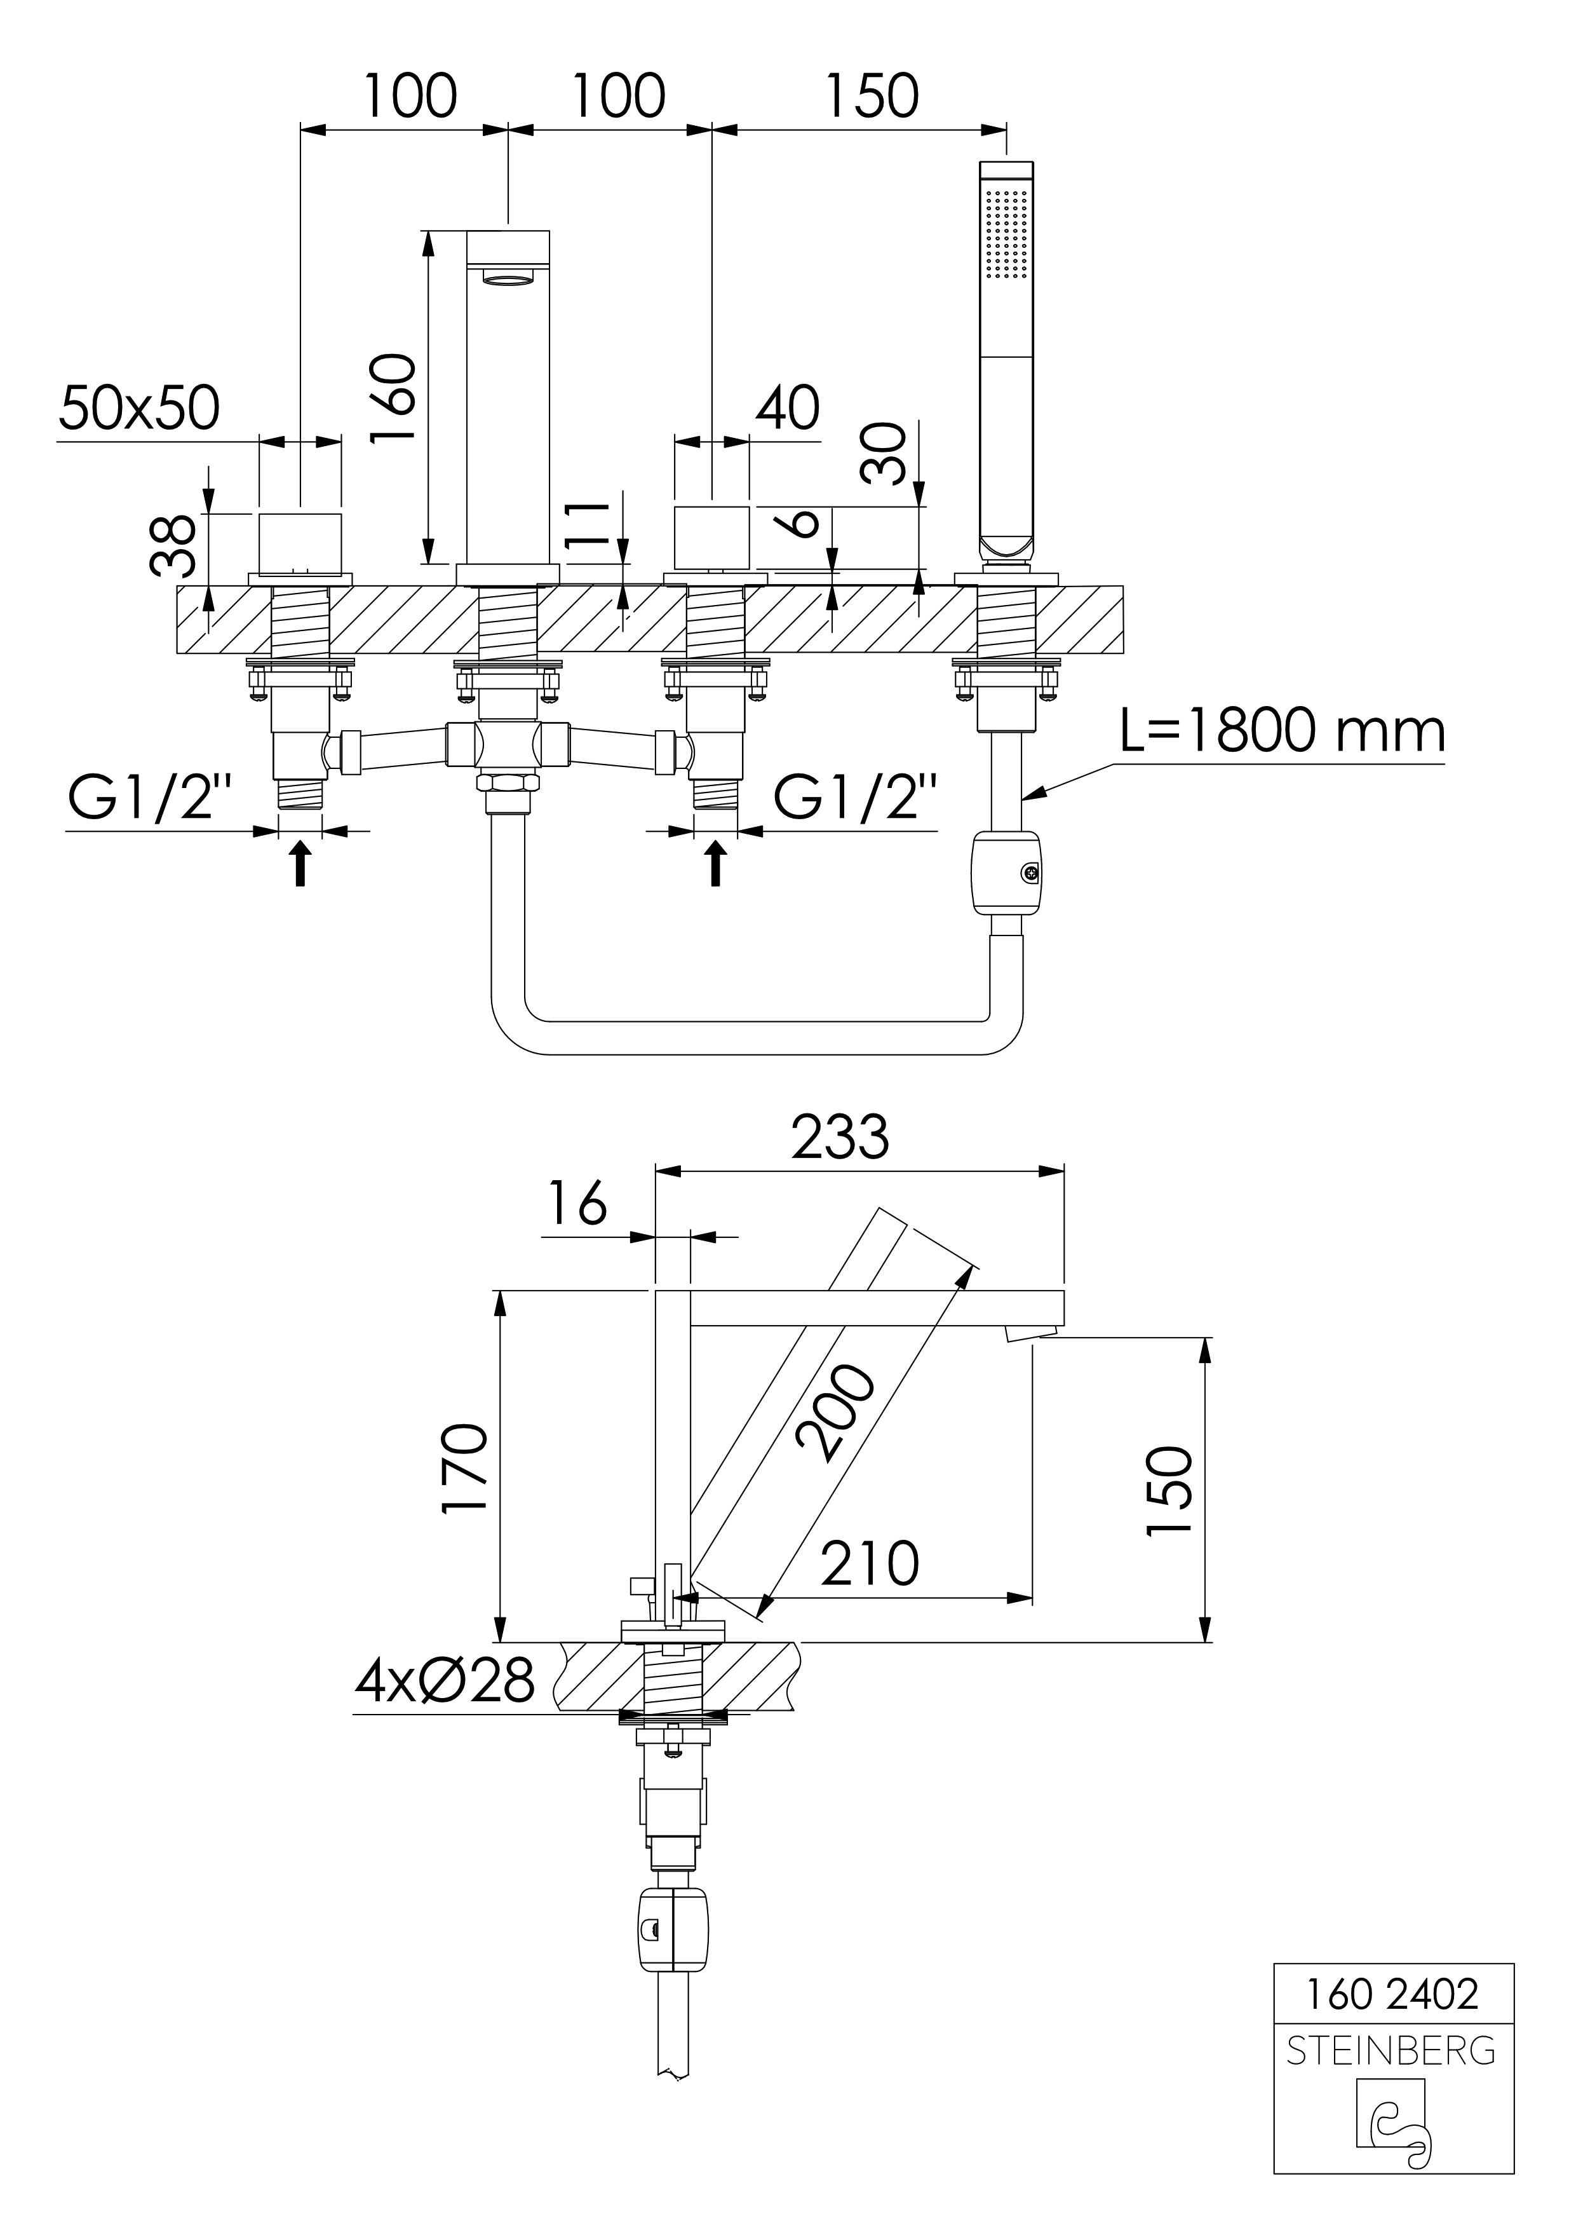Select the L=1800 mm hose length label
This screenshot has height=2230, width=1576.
(1282, 731)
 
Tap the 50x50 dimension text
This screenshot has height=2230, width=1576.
(139, 408)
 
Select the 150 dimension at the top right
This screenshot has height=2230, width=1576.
(871, 96)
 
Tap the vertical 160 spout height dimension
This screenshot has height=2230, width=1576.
(395, 398)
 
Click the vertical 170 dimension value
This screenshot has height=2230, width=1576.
(464, 1467)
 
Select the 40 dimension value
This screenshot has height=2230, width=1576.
(788, 408)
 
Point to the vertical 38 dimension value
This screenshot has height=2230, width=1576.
(175, 547)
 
